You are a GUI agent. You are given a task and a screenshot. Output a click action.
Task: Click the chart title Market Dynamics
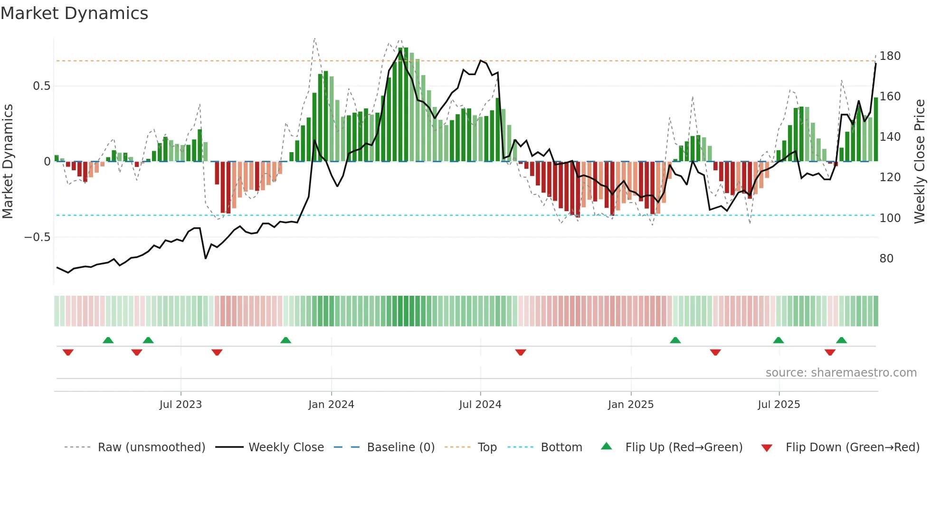pyautogui.click(x=74, y=13)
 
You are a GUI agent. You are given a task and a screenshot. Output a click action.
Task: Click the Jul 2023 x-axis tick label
pyautogui.click(x=180, y=405)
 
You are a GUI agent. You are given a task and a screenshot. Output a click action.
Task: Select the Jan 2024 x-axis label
pyautogui.click(x=331, y=405)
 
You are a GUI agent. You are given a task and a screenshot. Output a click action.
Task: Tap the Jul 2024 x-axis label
pyautogui.click(x=480, y=405)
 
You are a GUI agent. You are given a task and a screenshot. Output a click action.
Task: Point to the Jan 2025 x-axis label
pyautogui.click(x=631, y=405)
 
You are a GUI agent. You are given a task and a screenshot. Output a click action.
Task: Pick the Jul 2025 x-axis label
pyautogui.click(x=779, y=405)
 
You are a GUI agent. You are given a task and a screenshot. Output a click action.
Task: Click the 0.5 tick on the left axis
pyautogui.click(x=41, y=86)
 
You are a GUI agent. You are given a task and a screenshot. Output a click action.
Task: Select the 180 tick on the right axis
pyautogui.click(x=890, y=56)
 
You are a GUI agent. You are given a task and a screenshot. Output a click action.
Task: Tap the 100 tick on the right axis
pyautogui.click(x=890, y=218)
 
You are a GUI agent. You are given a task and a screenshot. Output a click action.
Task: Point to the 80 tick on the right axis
pyautogui.click(x=886, y=259)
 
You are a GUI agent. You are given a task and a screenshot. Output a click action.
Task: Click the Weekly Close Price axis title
pyautogui.click(x=920, y=162)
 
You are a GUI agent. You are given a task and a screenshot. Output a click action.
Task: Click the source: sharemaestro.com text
pyautogui.click(x=841, y=373)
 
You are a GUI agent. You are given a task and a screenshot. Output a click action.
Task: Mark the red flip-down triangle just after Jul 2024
pyautogui.click(x=521, y=352)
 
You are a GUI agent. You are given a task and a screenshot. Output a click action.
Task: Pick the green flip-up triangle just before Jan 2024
pyautogui.click(x=285, y=340)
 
